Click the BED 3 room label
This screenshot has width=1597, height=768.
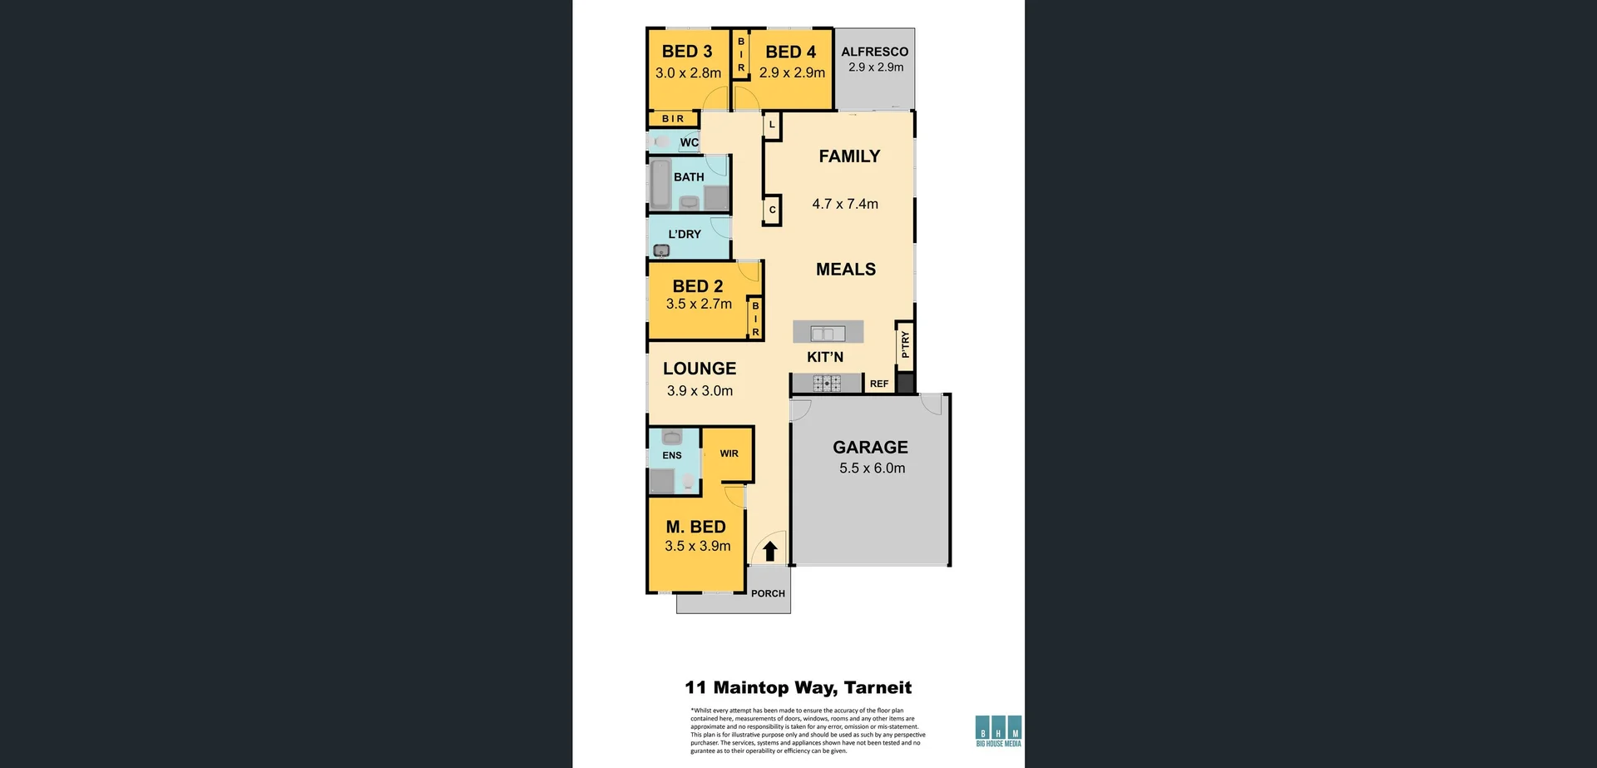(686, 52)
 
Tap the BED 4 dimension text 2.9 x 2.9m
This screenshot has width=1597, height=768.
(792, 72)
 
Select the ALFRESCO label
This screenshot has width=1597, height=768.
(874, 52)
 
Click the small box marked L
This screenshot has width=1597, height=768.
(772, 125)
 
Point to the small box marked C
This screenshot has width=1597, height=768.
(772, 210)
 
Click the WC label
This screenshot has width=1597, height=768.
(689, 142)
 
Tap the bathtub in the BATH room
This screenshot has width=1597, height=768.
(661, 185)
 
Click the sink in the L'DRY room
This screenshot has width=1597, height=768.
(662, 250)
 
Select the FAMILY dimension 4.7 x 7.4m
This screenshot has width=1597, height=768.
(845, 204)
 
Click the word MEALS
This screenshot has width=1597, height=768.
(845, 270)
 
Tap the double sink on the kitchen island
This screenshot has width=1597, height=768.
(828, 334)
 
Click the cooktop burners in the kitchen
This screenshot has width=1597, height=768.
(827, 384)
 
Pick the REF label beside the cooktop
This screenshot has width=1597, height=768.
(878, 384)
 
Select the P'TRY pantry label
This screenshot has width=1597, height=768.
(905, 344)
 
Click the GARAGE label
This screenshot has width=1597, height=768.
(870, 448)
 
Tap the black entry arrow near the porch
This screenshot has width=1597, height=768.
(770, 551)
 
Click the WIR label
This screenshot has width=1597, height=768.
(729, 453)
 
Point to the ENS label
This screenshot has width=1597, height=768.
(672, 455)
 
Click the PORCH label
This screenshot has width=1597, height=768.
(768, 593)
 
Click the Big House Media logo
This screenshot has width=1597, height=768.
(998, 731)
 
